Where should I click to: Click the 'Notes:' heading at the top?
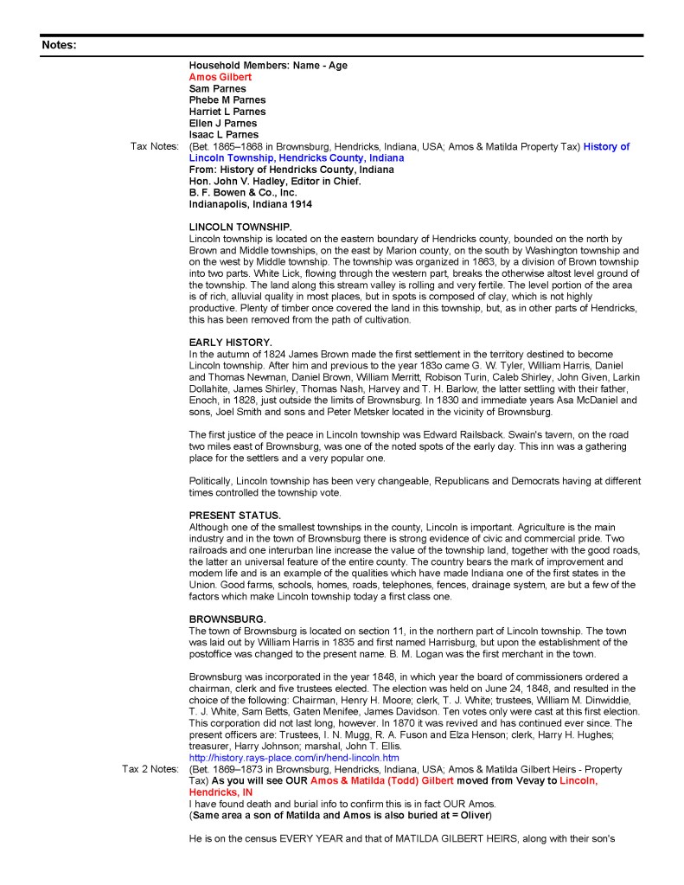(x=59, y=45)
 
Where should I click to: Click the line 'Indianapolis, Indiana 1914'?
(x=251, y=204)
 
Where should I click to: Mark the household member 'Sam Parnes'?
(x=217, y=88)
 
